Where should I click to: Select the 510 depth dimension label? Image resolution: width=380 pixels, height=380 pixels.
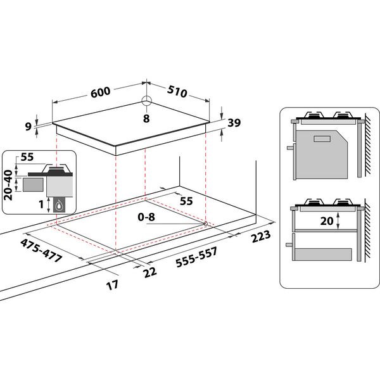177,92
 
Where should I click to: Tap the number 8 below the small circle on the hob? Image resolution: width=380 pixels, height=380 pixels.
146,118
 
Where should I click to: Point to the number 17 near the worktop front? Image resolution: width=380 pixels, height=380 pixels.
111,284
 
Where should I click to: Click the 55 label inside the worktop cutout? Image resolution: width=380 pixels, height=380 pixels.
186,201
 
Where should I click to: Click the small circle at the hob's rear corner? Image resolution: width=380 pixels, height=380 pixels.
146,101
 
